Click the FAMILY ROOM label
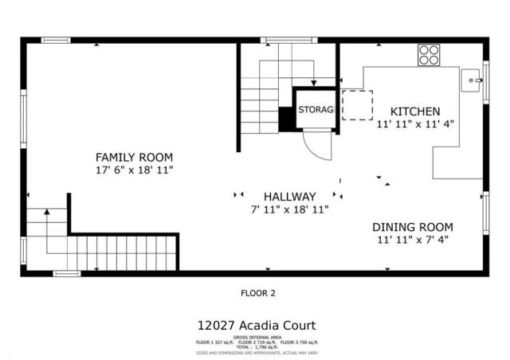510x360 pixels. coord(134,157)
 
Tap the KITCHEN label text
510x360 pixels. coord(414,111)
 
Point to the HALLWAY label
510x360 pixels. coord(289,196)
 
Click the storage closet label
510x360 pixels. coord(316,109)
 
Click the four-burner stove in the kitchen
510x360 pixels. coord(429,54)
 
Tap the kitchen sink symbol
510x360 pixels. coord(472,80)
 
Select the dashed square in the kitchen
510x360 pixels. coord(358,105)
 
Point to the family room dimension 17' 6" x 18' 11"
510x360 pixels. coord(134,170)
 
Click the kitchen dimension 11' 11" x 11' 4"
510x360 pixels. coord(414,123)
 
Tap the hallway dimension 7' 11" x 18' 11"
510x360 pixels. coord(289,209)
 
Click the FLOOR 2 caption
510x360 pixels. coord(257,293)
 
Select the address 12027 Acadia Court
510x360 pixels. coord(257,325)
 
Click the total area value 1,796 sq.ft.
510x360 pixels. coord(265,347)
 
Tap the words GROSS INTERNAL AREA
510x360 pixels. coord(256,337)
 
